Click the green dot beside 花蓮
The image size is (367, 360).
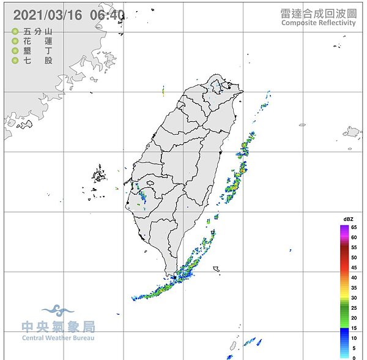coord(15,41)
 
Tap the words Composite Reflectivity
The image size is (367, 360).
coord(318,23)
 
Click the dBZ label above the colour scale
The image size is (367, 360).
coord(348,219)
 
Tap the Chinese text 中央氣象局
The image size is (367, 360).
coord(58,326)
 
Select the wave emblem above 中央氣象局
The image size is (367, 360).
coord(58,311)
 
